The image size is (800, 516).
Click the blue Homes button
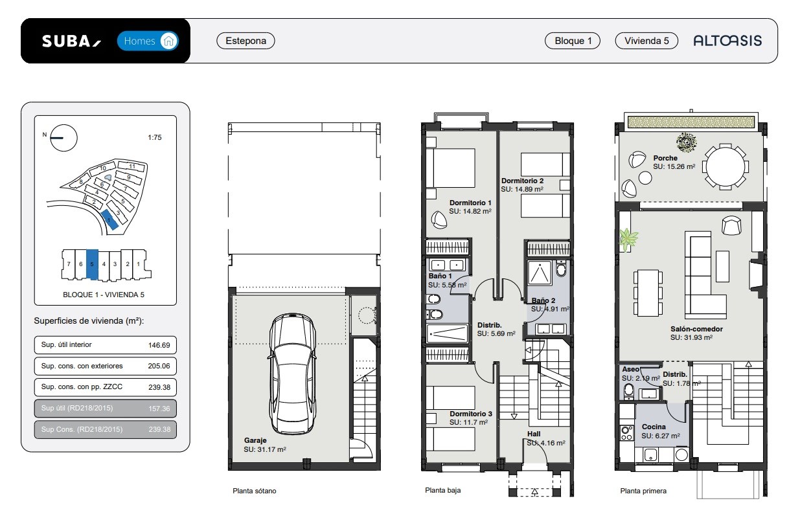pos(148,41)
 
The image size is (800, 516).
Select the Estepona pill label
pos(246,41)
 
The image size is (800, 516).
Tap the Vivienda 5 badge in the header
pos(646,41)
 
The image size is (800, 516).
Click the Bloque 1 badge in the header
pos(573,41)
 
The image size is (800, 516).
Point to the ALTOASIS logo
pos(727,41)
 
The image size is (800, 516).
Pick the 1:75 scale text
pos(155,137)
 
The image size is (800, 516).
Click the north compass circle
pos(63,138)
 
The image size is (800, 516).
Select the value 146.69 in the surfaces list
pos(159,345)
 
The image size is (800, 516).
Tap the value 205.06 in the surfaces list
pos(159,366)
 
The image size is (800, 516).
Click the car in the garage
pos(292,374)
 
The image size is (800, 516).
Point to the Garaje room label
pos(255,440)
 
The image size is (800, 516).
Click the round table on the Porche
pos(726,166)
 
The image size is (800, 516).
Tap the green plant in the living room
pos(628,239)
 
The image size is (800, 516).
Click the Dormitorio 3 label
pos(471,414)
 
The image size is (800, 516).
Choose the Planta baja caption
pos(443,490)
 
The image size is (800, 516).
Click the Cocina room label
pos(654,427)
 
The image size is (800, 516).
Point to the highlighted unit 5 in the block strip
pos(92,264)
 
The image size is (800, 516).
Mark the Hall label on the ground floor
pos(534,434)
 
